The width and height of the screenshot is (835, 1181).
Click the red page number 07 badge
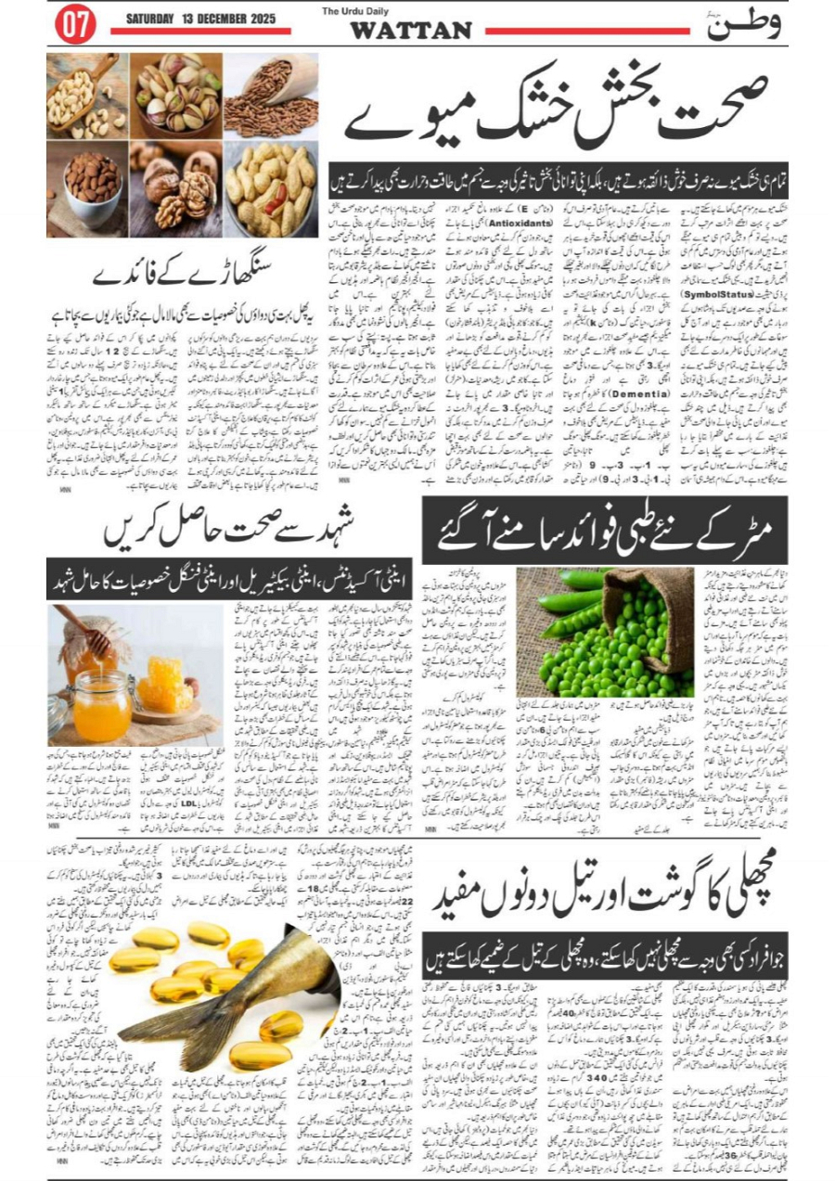tap(75, 25)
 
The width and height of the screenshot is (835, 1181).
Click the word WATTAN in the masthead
tap(410, 31)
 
